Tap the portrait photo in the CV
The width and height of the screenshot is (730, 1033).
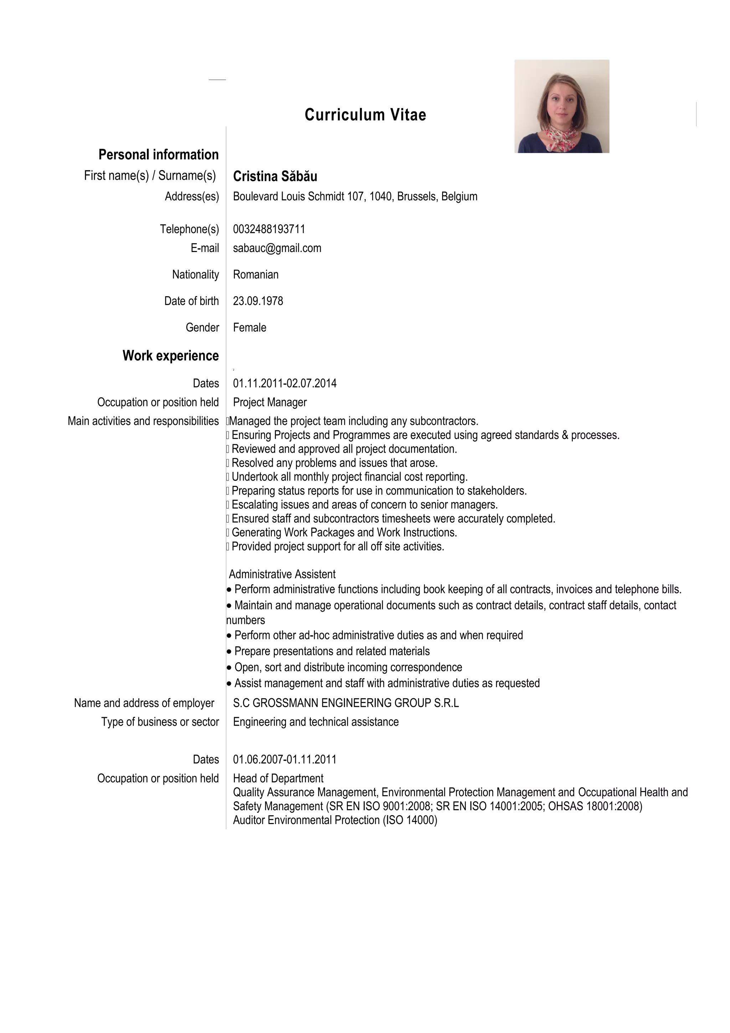[561, 106]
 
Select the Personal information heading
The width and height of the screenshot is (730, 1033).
[158, 155]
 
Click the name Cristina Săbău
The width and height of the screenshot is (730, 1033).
[275, 176]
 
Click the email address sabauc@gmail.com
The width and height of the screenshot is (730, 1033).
[277, 248]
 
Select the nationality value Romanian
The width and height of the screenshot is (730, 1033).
[256, 274]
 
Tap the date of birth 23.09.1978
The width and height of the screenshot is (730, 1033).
[258, 301]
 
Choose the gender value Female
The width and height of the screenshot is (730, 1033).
[249, 328]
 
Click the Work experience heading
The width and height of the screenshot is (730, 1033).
[170, 356]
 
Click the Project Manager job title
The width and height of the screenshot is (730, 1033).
[269, 402]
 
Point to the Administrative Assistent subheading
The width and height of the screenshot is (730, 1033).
[282, 574]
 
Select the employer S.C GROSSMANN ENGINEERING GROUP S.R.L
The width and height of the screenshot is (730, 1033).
[345, 703]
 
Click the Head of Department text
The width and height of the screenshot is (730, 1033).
[278, 778]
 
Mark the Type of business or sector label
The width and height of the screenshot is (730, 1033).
[160, 722]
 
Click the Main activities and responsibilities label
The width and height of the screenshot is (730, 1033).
[143, 421]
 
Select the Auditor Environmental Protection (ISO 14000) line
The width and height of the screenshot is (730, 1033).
[335, 820]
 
